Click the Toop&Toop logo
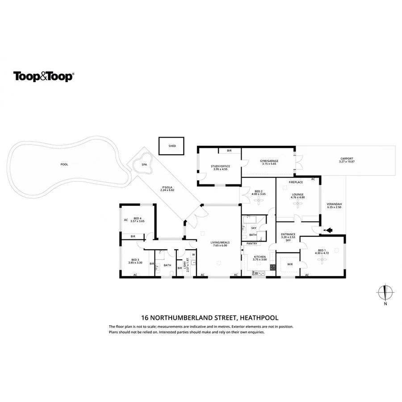tap(43, 76)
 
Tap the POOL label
tap(64, 164)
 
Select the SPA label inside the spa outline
tap(144, 165)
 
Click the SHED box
tap(172, 146)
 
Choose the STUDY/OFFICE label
tap(220, 167)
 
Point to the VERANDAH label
tap(334, 204)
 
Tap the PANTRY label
tap(252, 243)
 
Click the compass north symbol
tap(385, 293)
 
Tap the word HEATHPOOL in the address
tap(259, 318)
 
